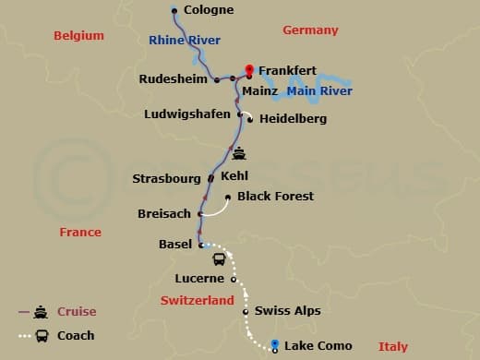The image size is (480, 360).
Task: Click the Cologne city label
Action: [209, 10]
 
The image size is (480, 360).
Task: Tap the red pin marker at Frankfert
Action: [248, 69]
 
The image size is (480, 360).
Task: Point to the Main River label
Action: [319, 91]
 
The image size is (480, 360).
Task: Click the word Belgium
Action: [78, 35]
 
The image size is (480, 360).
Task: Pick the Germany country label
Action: [310, 30]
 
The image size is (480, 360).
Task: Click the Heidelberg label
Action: [293, 118]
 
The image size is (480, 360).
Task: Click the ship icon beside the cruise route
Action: [239, 153]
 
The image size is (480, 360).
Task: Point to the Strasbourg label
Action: [166, 177]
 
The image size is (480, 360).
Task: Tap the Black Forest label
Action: [275, 196]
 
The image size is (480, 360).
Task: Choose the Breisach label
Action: [164, 213]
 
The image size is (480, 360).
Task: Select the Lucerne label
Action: [199, 278]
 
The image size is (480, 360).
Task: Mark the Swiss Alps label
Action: [287, 311]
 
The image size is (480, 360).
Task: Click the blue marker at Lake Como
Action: [275, 345]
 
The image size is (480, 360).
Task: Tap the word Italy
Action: [392, 347]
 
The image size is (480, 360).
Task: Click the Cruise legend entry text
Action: [77, 311]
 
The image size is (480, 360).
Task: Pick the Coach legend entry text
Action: [76, 335]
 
